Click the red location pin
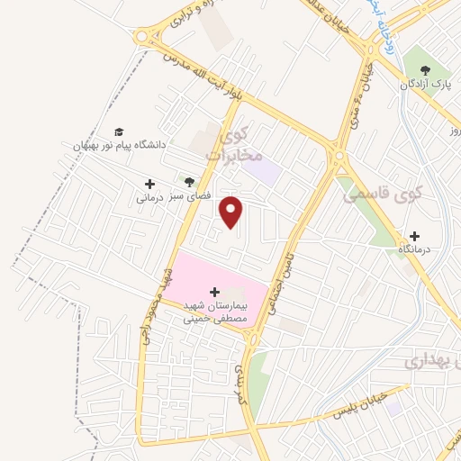233,212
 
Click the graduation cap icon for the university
120,131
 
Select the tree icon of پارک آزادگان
425,71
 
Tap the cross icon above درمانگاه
414,236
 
